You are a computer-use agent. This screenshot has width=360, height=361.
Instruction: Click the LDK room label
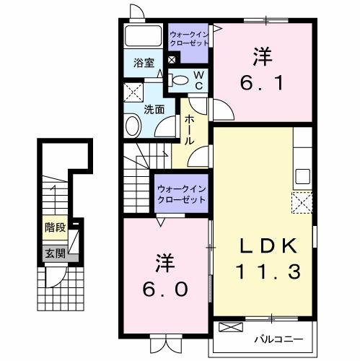coord(263,245)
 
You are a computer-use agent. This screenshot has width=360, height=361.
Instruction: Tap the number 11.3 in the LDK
coord(263,272)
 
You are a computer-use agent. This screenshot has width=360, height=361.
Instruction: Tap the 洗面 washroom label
coord(154,110)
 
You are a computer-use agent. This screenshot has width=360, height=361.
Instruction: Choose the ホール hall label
coord(189,130)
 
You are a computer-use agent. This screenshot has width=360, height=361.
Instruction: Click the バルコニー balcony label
coord(278,338)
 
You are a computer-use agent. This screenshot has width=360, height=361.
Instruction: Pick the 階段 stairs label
coord(55,227)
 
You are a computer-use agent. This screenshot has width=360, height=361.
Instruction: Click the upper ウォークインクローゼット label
coord(189,38)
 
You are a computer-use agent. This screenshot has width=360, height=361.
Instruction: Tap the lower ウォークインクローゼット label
coord(181,193)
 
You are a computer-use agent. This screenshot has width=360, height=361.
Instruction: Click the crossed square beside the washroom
coord(133,92)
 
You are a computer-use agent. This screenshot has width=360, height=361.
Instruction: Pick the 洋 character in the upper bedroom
coord(260,55)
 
